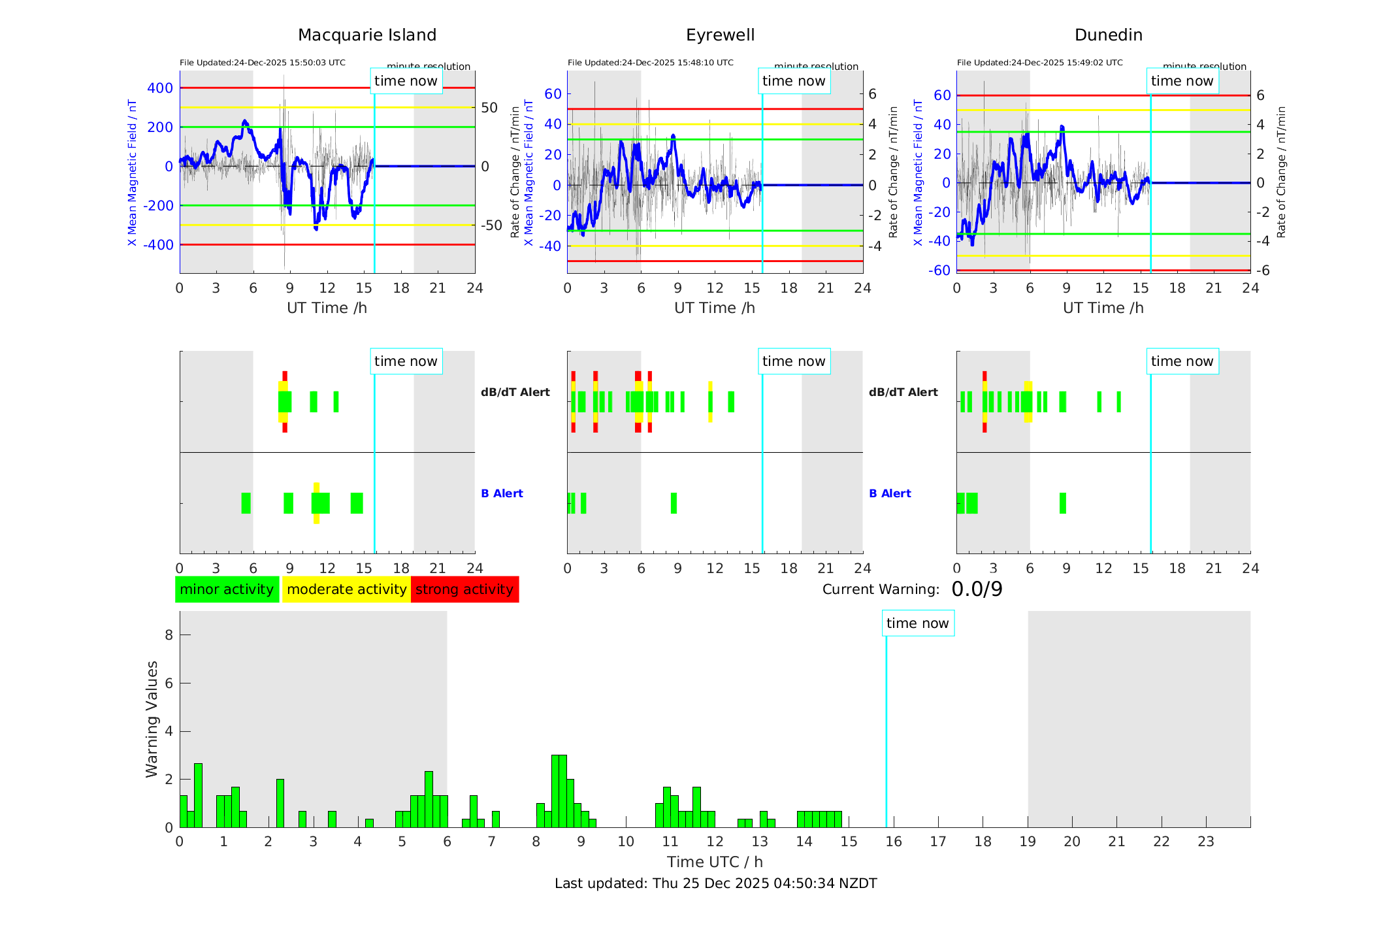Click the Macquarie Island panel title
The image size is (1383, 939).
[367, 35]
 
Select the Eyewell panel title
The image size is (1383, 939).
[720, 35]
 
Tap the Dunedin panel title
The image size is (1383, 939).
[1108, 35]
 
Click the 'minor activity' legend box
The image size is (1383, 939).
[227, 589]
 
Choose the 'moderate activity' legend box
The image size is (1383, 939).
[346, 589]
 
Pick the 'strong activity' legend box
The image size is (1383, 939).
[464, 589]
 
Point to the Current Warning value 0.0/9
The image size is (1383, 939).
[977, 589]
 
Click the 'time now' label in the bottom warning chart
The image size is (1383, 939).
[917, 623]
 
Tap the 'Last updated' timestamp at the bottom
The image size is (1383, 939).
[715, 883]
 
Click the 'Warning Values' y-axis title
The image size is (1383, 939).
[152, 719]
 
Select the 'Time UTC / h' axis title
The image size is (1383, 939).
[715, 862]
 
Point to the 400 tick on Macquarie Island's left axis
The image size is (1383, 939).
[160, 88]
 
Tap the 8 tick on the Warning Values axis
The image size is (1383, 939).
[169, 635]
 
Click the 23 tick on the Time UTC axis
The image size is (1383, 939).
[1205, 842]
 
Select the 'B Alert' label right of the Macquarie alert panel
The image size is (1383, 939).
[502, 493]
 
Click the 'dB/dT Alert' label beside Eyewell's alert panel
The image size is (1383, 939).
[903, 392]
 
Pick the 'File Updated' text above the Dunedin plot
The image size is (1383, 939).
[1039, 63]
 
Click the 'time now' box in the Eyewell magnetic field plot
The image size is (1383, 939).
[794, 81]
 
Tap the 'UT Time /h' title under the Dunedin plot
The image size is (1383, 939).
[1103, 308]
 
